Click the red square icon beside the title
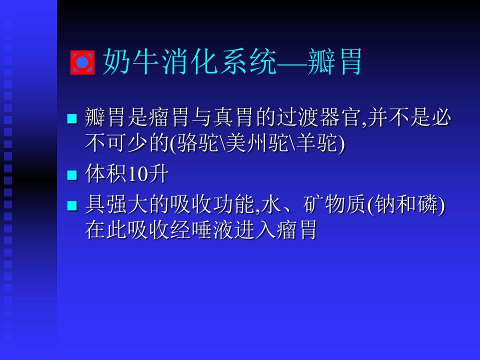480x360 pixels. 82,62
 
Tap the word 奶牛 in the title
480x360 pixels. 130,61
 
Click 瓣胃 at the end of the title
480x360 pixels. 334,61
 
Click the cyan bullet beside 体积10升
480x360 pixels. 72,175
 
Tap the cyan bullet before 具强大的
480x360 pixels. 72,205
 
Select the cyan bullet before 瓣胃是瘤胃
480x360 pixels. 72,118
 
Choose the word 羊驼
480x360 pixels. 317,143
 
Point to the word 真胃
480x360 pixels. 233,117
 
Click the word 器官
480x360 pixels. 339,117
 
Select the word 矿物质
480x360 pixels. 334,204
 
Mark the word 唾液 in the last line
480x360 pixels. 213,230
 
